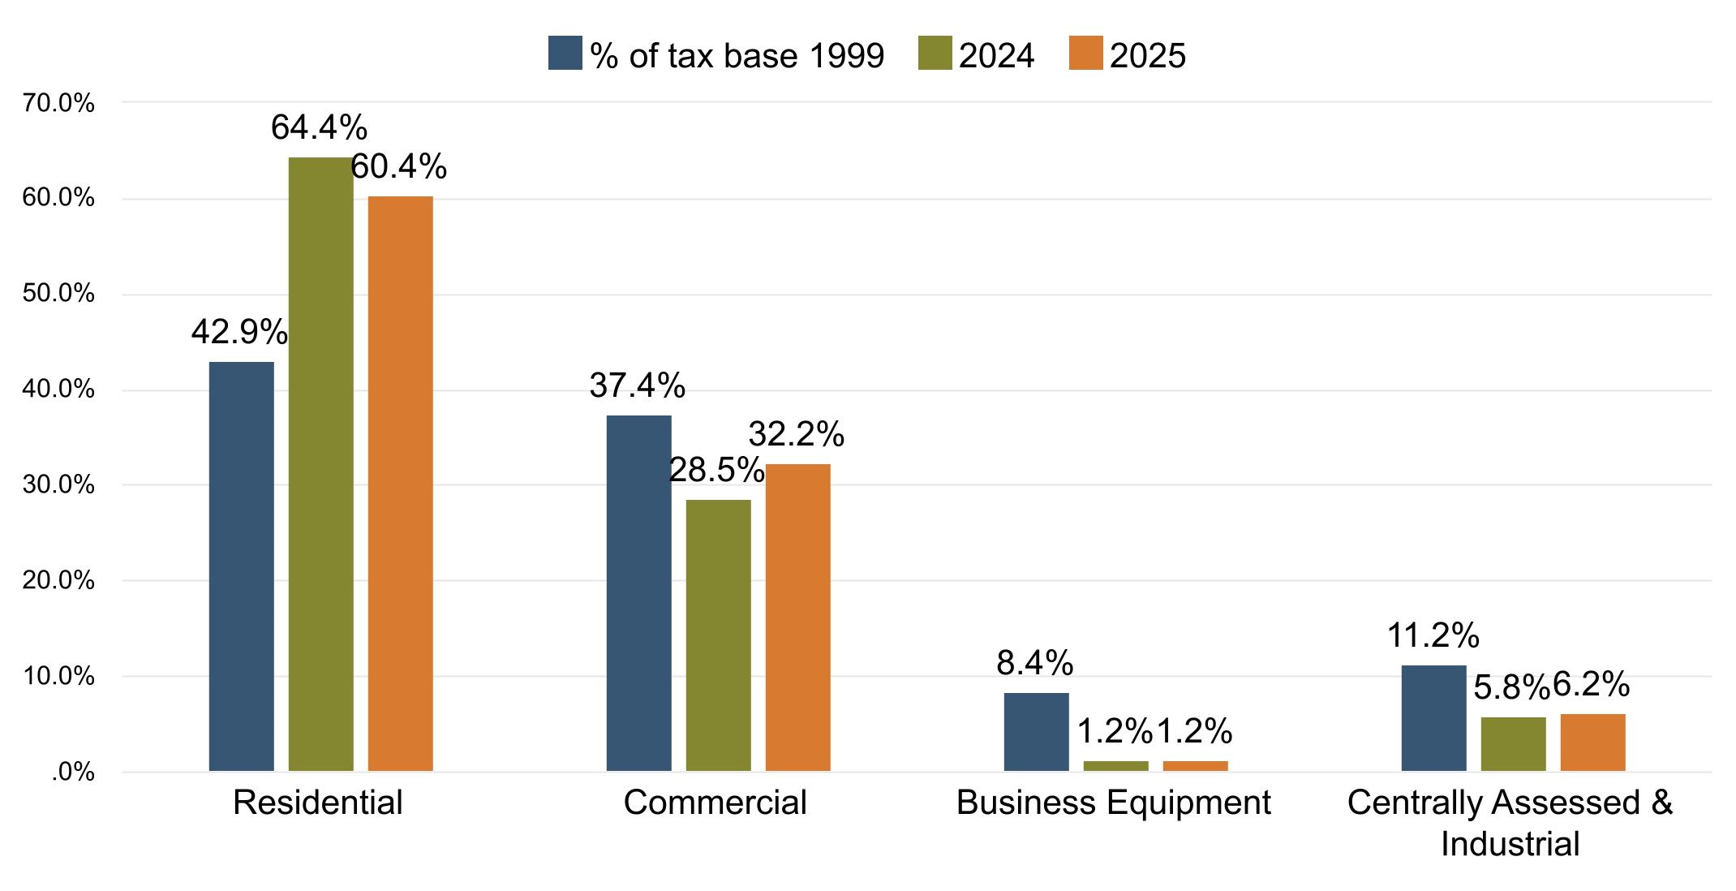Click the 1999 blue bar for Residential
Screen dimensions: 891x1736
(x=241, y=566)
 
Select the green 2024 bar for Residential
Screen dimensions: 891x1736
(x=320, y=463)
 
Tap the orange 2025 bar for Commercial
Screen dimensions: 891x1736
(x=797, y=617)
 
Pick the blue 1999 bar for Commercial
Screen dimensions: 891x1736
(x=638, y=592)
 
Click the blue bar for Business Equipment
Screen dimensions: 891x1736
(x=1036, y=731)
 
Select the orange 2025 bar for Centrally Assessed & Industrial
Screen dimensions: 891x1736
(x=1592, y=742)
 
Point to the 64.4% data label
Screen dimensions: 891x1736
(x=319, y=127)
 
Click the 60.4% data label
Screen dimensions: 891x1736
(x=398, y=166)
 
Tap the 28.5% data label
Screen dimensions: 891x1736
(x=716, y=471)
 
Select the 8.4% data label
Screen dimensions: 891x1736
(x=1034, y=664)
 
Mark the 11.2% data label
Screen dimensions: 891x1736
(x=1433, y=635)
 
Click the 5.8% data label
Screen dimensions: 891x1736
(x=1510, y=688)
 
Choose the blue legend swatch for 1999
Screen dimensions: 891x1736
(x=565, y=54)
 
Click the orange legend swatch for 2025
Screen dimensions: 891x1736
(x=1085, y=54)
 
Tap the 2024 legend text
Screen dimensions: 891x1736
(x=996, y=55)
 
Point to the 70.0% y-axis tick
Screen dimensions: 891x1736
(x=58, y=103)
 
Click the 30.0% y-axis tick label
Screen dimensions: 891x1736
(x=58, y=485)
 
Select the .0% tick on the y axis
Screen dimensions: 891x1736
(x=73, y=773)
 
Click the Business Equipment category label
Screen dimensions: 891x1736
(x=1113, y=803)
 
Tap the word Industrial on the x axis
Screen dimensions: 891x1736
(x=1510, y=844)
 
